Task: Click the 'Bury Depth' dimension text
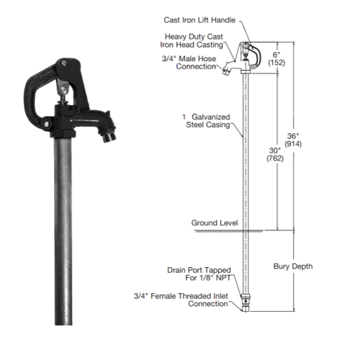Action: coord(292,266)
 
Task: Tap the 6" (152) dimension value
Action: coord(274,57)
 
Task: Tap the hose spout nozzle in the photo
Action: coord(109,133)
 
